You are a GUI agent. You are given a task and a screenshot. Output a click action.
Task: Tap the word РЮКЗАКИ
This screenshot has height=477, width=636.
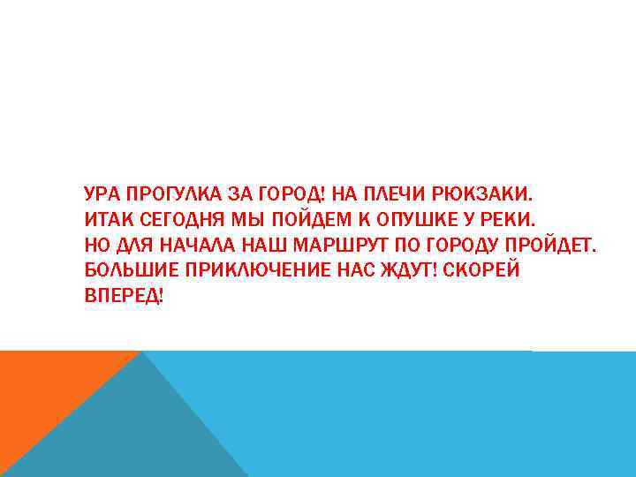click(499, 193)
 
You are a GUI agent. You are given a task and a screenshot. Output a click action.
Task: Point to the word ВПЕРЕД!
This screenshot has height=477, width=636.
click(124, 296)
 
